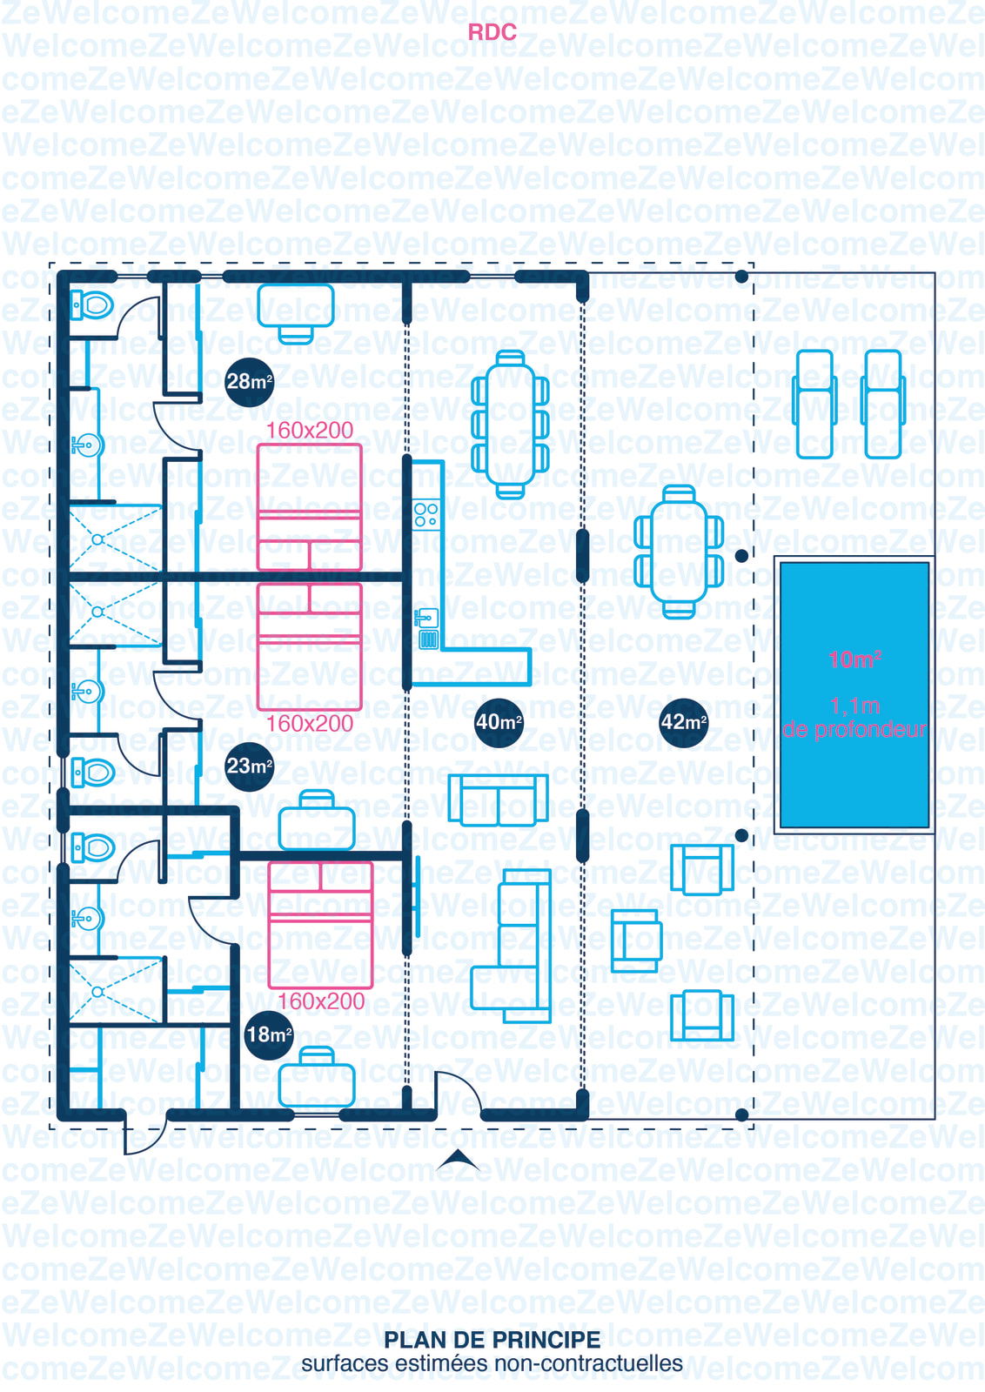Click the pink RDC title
[x=492, y=32]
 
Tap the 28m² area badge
[x=249, y=382]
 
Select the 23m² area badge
[x=249, y=766]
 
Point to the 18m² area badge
[x=269, y=1034]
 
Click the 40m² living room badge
[x=499, y=722]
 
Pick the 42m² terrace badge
[x=684, y=722]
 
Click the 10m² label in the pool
[x=854, y=659]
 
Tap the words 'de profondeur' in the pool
[x=854, y=730]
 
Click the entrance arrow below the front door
[x=458, y=1160]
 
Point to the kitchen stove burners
[x=426, y=514]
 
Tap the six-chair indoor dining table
[x=510, y=425]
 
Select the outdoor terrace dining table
[x=679, y=552]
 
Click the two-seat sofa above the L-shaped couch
[x=499, y=800]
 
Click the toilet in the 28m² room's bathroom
[x=92, y=305]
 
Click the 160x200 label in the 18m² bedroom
[x=321, y=1001]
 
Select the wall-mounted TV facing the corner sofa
[x=417, y=896]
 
